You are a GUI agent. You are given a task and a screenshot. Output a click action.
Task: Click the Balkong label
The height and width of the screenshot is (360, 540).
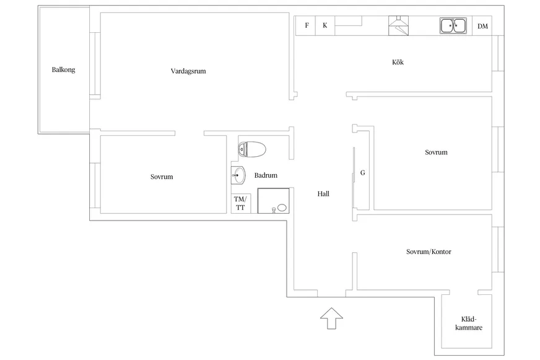[63, 69]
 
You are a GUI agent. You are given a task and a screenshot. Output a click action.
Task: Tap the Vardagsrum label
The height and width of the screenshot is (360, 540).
[188, 71]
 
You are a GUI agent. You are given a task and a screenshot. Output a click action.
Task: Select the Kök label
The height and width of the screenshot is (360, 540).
[398, 62]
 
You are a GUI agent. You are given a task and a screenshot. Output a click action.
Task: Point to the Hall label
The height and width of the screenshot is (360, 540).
[323, 194]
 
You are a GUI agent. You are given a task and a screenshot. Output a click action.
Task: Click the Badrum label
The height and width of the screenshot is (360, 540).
[266, 175]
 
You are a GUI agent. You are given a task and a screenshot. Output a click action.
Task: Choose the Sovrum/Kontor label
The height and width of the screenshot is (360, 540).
[429, 252]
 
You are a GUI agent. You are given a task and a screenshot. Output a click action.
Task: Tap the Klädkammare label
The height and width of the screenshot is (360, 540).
[469, 323]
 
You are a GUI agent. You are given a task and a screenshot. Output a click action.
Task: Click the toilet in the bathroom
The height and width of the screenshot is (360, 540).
[252, 149]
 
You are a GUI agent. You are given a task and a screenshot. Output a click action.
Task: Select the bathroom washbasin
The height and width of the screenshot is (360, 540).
[238, 175]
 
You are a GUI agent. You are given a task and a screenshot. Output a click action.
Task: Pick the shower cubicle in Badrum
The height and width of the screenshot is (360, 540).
[274, 201]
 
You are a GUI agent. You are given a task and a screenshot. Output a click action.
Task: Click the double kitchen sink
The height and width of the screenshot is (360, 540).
[453, 26]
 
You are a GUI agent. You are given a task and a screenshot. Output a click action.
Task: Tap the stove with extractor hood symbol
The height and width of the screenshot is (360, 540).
[398, 25]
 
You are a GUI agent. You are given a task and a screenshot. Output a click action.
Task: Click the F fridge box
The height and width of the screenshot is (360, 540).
[306, 25]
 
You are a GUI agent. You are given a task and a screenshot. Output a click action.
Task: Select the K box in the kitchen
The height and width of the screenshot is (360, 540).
[325, 25]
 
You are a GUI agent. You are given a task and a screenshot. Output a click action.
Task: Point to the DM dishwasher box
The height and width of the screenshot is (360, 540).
[482, 26]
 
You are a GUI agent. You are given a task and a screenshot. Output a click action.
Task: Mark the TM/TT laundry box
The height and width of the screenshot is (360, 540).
[240, 203]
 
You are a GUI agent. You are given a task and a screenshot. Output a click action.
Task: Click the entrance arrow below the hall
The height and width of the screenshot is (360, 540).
[331, 318]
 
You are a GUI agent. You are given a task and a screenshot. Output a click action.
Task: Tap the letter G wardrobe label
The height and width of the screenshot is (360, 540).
[363, 173]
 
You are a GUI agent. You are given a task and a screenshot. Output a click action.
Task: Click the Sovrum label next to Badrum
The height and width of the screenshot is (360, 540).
[162, 177]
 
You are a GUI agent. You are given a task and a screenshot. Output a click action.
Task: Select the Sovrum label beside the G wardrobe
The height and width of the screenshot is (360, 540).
[437, 152]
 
